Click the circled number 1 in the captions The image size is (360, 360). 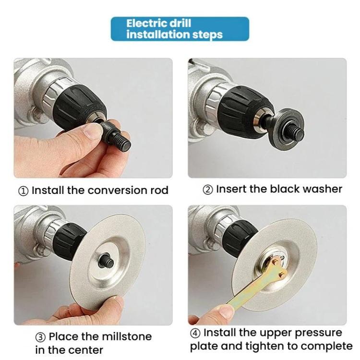(23, 191)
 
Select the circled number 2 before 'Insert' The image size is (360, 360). (208, 190)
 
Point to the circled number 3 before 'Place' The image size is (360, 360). (41, 337)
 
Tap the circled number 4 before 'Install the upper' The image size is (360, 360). (195, 333)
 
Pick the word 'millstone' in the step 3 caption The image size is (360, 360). (127, 336)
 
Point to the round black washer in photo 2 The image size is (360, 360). (290, 130)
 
